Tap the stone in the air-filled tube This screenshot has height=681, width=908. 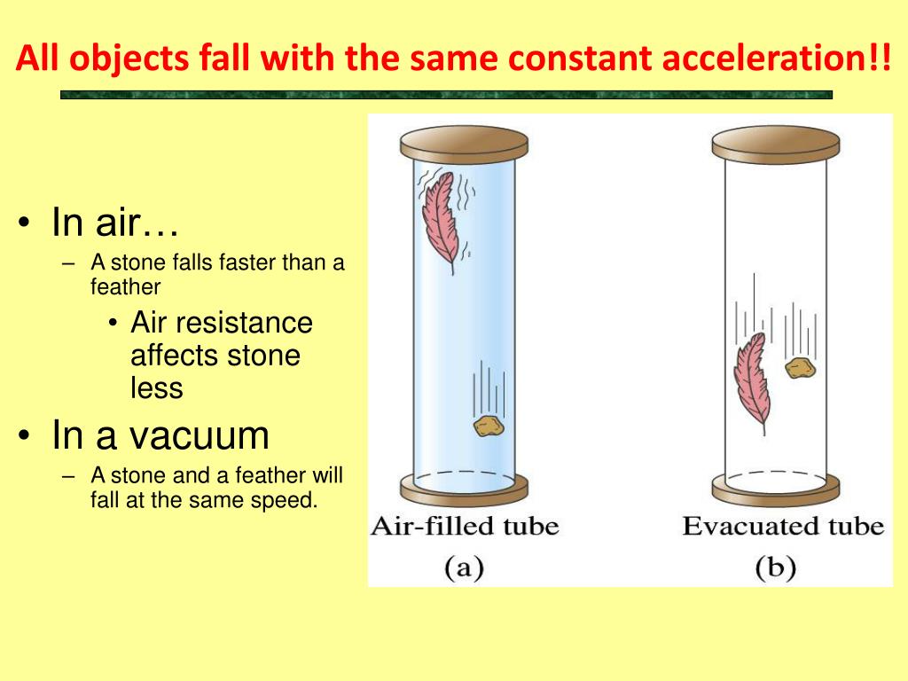click(x=489, y=426)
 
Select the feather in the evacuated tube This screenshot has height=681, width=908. click(x=751, y=382)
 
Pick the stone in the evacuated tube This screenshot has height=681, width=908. click(x=801, y=367)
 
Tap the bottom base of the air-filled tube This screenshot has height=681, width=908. click(x=464, y=487)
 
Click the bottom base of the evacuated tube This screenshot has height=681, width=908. click(x=777, y=487)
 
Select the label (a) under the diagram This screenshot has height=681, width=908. click(x=463, y=567)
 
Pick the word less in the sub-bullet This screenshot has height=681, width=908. click(x=157, y=387)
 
